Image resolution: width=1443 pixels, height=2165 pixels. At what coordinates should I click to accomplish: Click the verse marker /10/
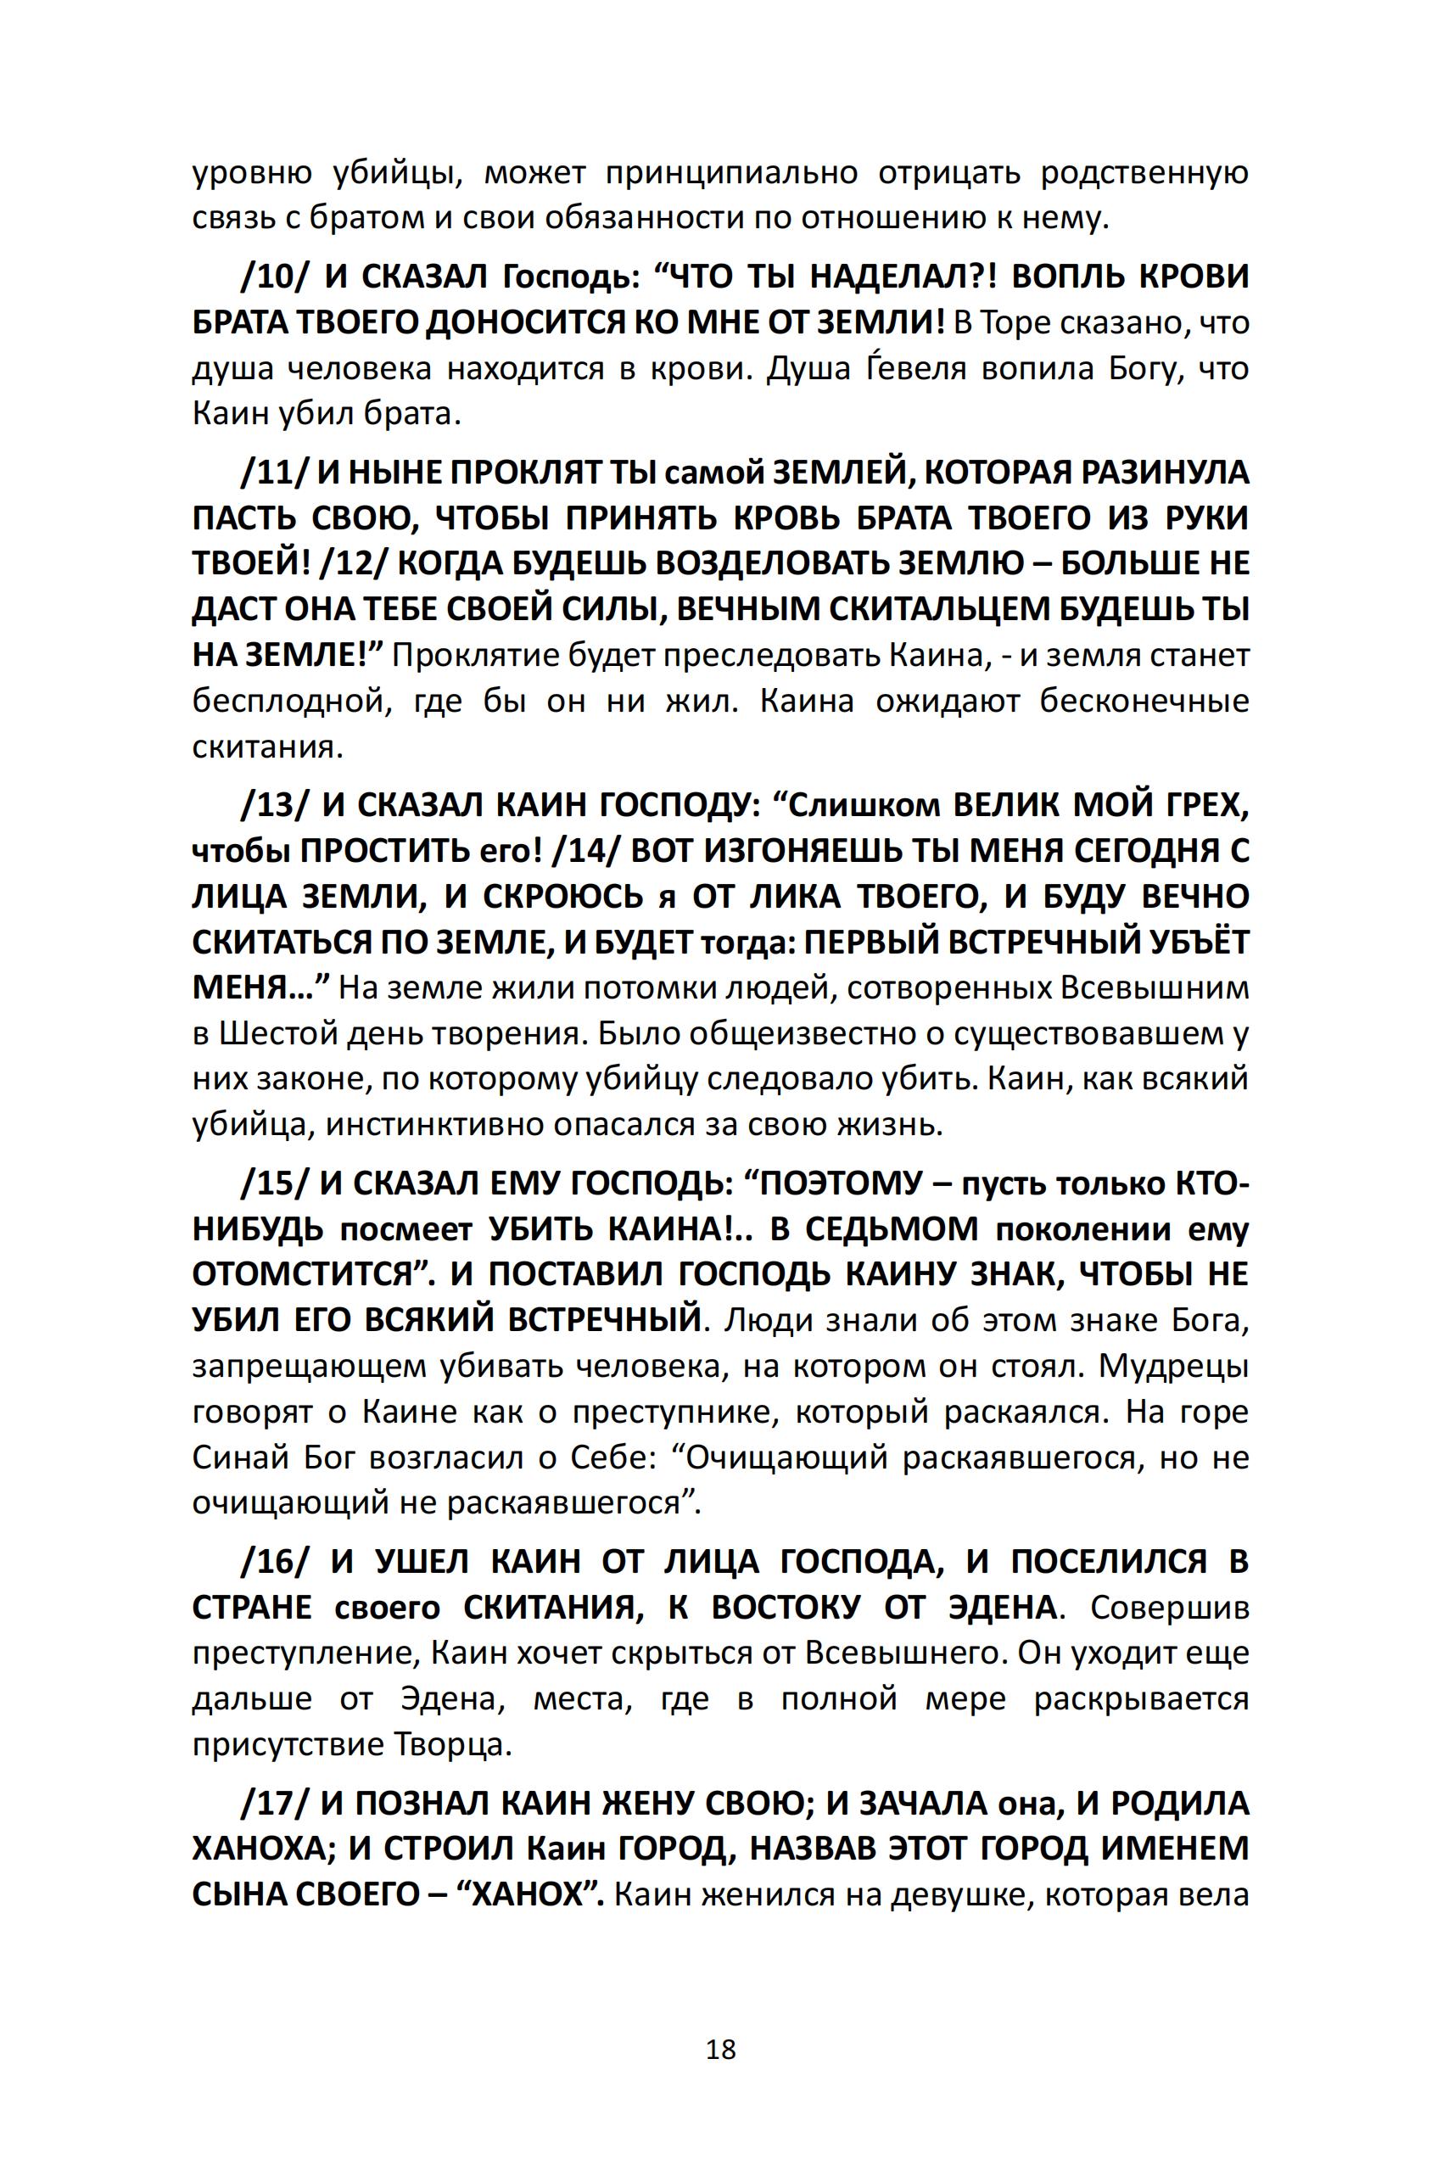click(273, 277)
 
